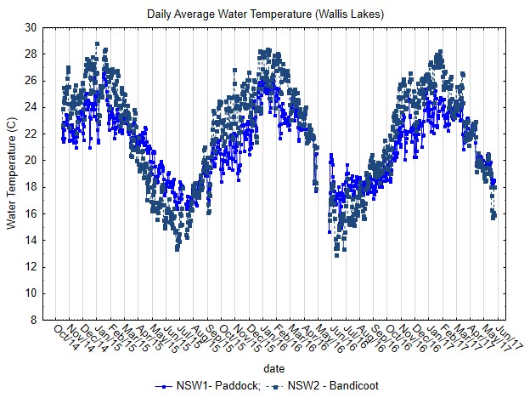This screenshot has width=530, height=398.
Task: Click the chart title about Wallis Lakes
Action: pos(265,14)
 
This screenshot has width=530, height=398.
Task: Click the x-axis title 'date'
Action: pos(273,369)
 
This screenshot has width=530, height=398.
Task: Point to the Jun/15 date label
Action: pos(175,333)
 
